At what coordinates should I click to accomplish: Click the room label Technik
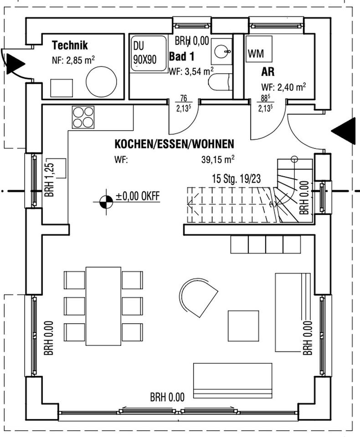pyautogui.click(x=70, y=46)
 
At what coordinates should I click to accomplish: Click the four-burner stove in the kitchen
pyautogui.click(x=82, y=117)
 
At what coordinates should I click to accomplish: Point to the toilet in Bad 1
pyautogui.click(x=220, y=83)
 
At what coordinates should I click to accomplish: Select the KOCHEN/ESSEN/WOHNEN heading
pyautogui.click(x=174, y=144)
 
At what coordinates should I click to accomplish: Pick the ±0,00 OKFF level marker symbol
pyautogui.click(x=106, y=201)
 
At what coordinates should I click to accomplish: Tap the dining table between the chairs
pyautogui.click(x=103, y=306)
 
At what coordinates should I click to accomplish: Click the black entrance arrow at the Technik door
pyautogui.click(x=15, y=64)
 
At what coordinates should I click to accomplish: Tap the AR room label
pyautogui.click(x=267, y=72)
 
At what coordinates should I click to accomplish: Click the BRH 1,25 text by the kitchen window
pyautogui.click(x=49, y=180)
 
